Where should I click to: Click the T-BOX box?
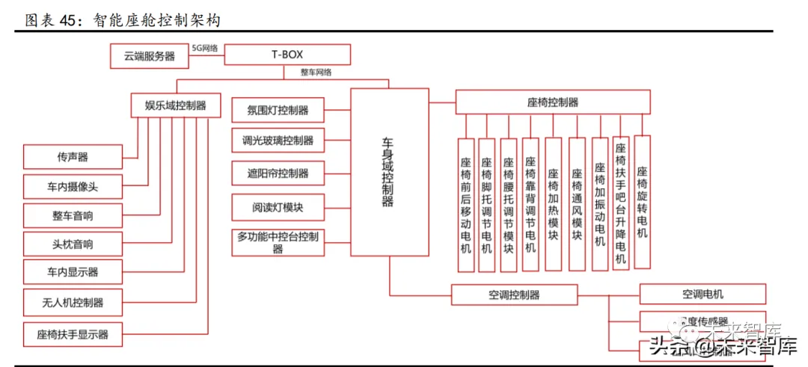click(287, 55)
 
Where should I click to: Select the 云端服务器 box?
click(149, 55)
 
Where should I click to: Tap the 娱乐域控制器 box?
click(176, 105)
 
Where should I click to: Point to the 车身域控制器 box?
click(389, 171)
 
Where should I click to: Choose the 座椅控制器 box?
click(552, 102)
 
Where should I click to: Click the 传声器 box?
click(72, 157)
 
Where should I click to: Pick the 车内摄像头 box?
click(72, 186)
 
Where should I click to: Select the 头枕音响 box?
click(72, 244)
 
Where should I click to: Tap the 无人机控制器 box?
click(72, 303)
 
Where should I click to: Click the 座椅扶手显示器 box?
click(72, 333)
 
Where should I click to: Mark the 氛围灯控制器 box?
click(278, 110)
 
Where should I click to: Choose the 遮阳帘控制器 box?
click(278, 173)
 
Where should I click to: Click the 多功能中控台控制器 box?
click(278, 243)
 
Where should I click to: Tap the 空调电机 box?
click(702, 294)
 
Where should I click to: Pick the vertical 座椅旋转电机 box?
click(642, 202)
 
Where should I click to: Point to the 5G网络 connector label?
click(204, 48)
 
